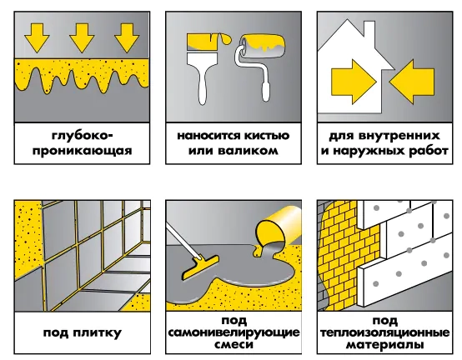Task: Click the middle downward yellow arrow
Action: tap(82, 37)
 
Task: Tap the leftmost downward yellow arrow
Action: tap(37, 37)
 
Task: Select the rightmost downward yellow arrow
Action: tap(127, 37)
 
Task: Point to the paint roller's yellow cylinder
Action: tap(262, 45)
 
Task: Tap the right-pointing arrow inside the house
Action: tap(354, 82)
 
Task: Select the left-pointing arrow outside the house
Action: tap(412, 82)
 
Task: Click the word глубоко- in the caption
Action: tap(83, 137)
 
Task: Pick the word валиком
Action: tap(248, 151)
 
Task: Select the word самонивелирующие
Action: tap(234, 333)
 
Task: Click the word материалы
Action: tap(384, 345)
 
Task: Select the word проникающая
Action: tap(83, 151)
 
